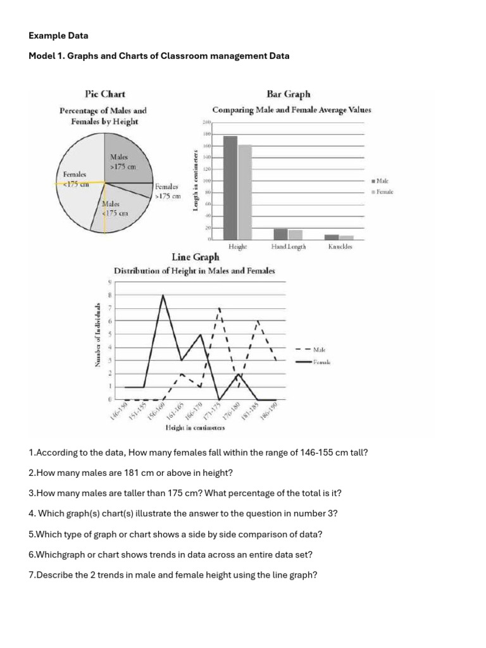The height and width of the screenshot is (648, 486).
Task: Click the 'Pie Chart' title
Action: click(104, 94)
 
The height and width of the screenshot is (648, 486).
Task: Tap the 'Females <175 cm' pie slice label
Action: click(75, 179)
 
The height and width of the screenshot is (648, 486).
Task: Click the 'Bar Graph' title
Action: click(289, 94)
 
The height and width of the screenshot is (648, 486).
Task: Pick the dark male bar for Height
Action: click(230, 188)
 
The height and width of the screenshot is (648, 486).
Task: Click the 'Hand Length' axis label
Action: click(288, 247)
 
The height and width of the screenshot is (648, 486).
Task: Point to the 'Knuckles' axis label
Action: click(340, 247)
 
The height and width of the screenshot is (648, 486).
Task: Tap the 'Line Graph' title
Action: click(196, 257)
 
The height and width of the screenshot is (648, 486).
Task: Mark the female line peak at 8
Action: click(164, 296)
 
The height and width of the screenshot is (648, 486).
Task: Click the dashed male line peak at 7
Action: click(219, 309)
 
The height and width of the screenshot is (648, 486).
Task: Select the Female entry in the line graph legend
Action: click(321, 363)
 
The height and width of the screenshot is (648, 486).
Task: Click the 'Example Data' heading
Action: click(59, 36)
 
